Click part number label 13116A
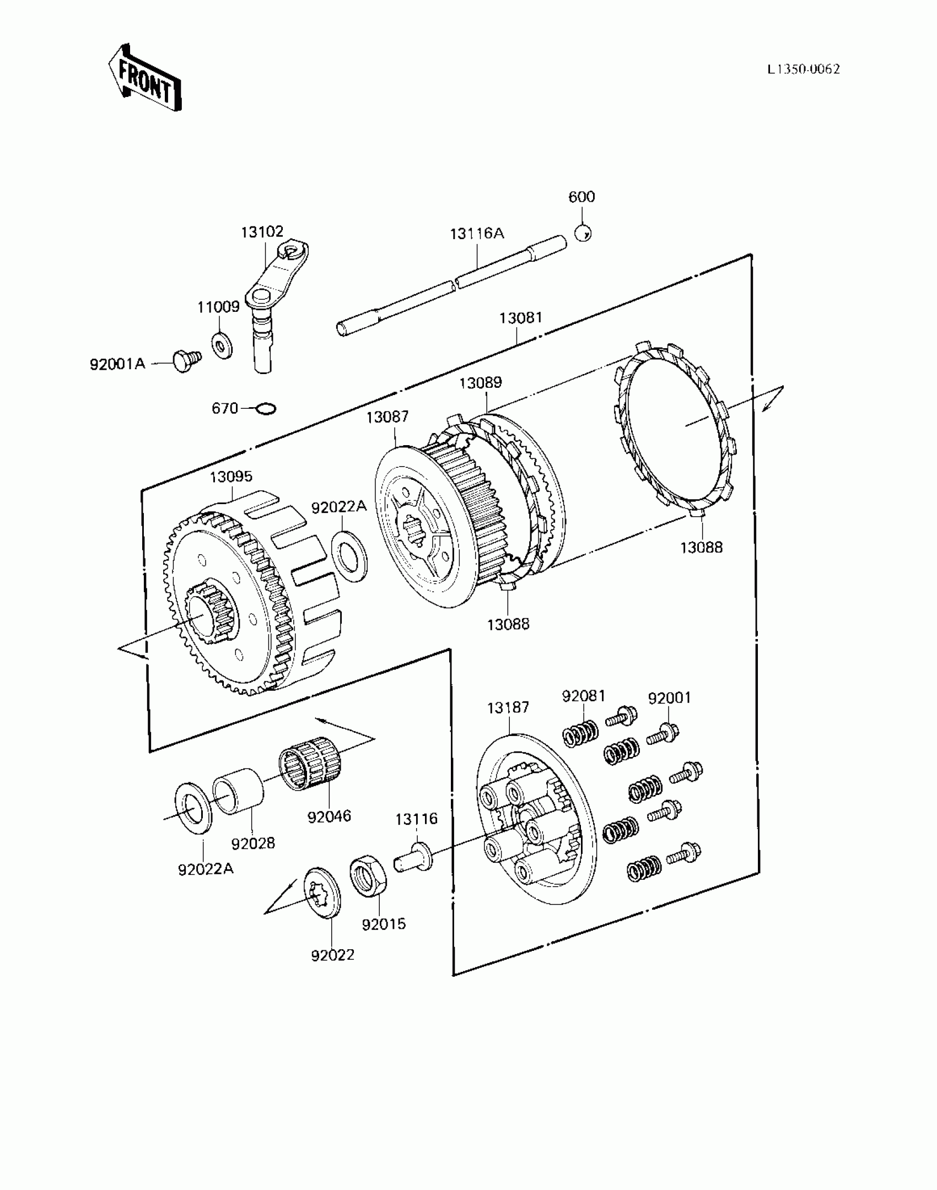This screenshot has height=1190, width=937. [x=477, y=234]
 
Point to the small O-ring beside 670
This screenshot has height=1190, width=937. [x=267, y=409]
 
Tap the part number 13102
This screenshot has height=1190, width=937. [x=262, y=231]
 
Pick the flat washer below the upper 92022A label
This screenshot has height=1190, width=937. [x=349, y=555]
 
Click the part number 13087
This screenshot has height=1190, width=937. [x=387, y=417]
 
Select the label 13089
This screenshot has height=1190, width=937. [x=481, y=382]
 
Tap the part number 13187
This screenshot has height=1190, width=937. [x=508, y=707]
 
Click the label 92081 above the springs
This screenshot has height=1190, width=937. [x=583, y=696]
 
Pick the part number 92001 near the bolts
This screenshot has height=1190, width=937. [x=669, y=698]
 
